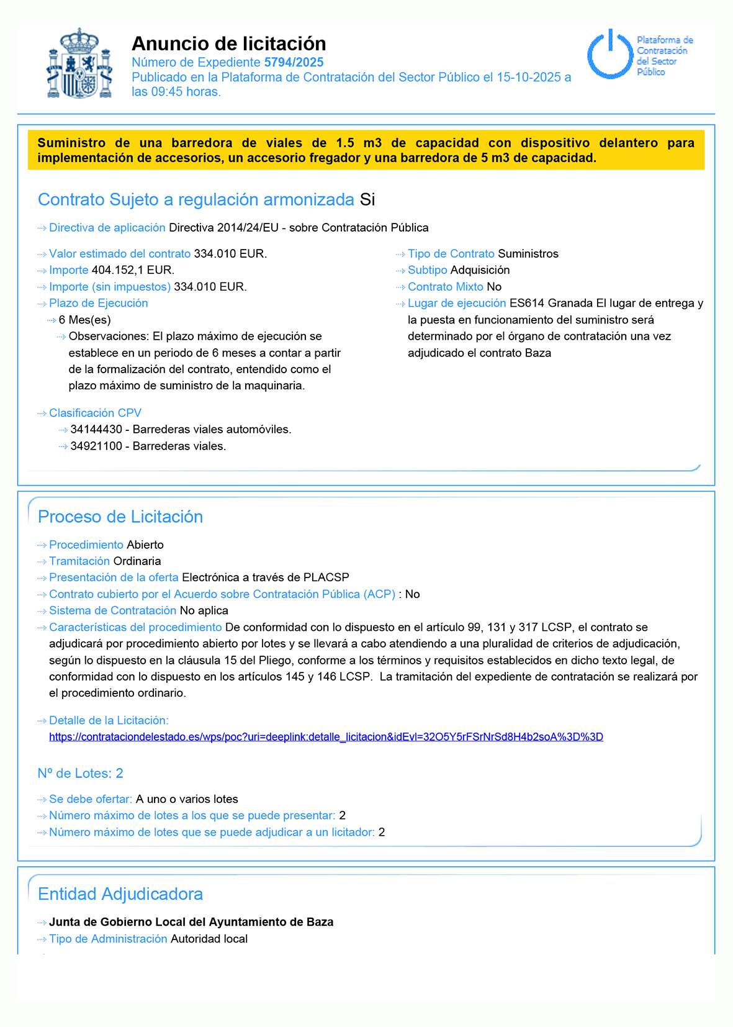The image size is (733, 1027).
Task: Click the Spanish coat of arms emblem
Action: tap(79, 63)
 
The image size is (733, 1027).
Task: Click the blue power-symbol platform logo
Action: tap(610, 55)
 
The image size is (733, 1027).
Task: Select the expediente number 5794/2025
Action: tap(294, 62)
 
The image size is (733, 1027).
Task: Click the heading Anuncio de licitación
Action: tap(228, 43)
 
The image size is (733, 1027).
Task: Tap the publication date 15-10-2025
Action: tap(529, 77)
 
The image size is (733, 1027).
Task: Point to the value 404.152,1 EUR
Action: tap(133, 270)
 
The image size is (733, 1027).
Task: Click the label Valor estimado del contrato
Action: tap(120, 253)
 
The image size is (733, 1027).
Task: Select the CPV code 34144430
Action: tap(96, 429)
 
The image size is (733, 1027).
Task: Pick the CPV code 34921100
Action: tap(96, 446)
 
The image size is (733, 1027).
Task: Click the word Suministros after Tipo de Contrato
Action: tap(528, 253)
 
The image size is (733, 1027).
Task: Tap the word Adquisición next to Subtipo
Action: tap(480, 270)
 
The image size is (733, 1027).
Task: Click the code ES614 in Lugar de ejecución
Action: tap(527, 303)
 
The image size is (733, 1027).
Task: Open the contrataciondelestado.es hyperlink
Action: tap(326, 736)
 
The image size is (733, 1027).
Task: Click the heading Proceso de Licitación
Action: tap(120, 517)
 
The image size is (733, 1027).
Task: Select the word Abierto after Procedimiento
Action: tap(145, 545)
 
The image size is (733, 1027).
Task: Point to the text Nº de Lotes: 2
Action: tap(81, 773)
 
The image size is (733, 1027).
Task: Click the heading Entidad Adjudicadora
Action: tap(120, 894)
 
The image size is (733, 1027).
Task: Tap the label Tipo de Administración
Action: tap(108, 938)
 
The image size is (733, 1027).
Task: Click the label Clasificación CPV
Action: tap(95, 413)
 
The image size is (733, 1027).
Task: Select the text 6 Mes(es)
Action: tap(85, 320)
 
